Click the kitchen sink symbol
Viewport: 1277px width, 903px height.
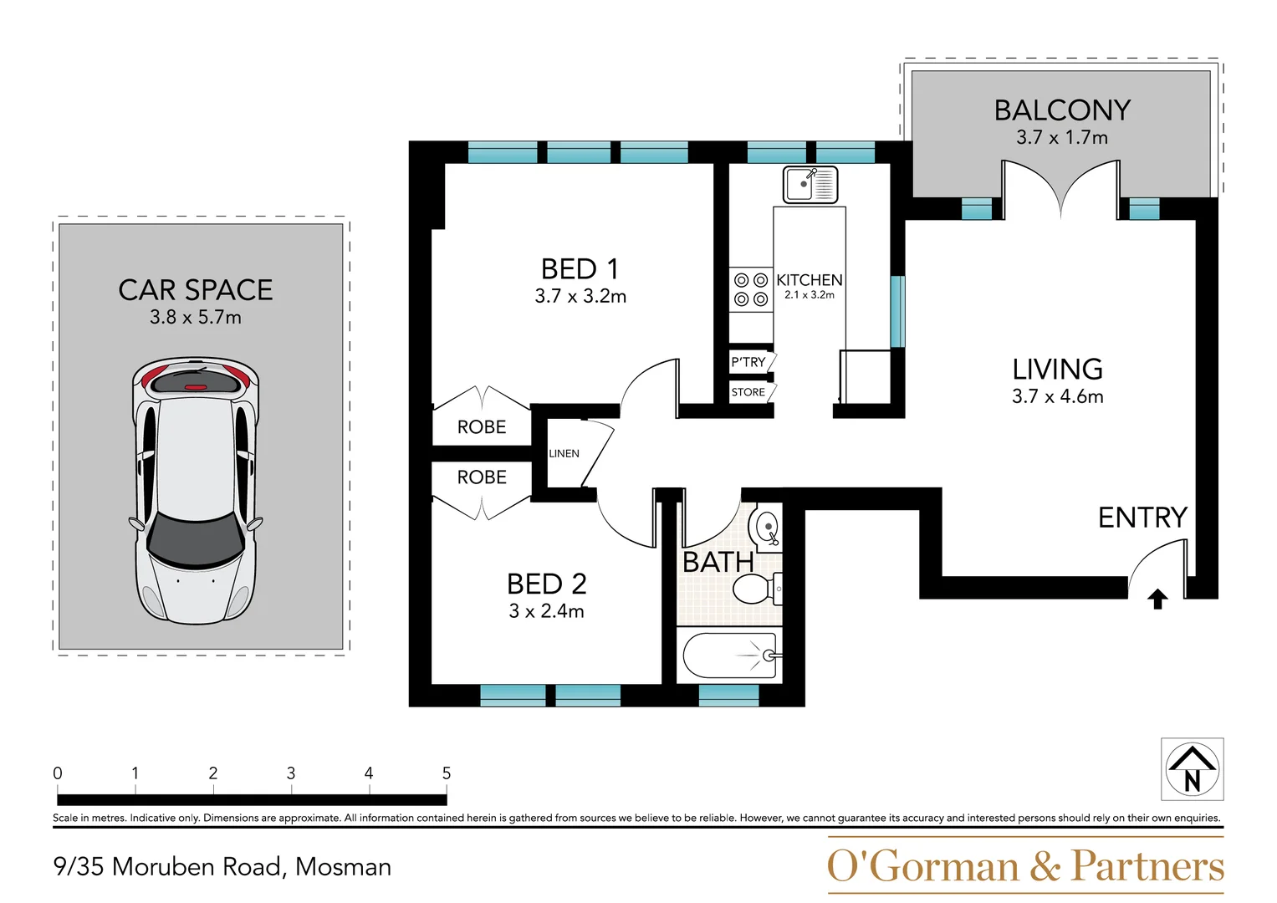click(810, 184)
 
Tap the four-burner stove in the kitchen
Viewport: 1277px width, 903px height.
click(750, 289)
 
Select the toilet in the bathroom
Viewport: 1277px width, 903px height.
click(757, 589)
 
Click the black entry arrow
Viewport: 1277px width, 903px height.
click(1157, 599)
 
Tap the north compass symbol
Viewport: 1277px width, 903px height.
click(1192, 769)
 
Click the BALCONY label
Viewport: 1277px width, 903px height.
click(1061, 110)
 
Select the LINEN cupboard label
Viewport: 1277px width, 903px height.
click(564, 453)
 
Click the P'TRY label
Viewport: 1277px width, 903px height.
click(748, 362)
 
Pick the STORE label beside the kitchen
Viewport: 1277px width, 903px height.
click(748, 392)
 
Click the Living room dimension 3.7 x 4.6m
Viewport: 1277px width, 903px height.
click(1057, 396)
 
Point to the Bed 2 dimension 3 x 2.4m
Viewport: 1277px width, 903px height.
click(546, 611)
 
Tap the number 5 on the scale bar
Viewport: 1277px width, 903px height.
click(447, 773)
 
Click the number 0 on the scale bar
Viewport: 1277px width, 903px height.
click(58, 773)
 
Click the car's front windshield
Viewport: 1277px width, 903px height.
click(196, 539)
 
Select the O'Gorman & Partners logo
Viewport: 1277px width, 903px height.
click(1025, 866)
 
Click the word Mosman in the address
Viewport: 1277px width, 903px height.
click(343, 867)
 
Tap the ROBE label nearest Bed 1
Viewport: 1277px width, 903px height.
click(482, 427)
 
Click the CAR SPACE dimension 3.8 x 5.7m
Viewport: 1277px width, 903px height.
click(196, 318)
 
